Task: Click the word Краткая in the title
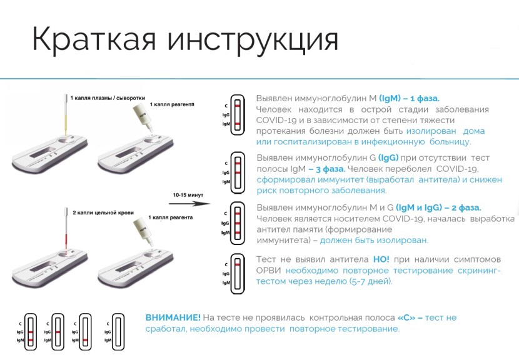94,39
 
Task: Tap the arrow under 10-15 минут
189,203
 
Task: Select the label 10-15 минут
188,195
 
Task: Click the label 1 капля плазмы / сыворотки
108,98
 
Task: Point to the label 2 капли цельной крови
103,212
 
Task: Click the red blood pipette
66,230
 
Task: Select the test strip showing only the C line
238,273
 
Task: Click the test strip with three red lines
238,223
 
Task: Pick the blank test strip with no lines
118,332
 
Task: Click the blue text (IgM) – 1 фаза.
409,98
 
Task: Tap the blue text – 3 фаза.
327,169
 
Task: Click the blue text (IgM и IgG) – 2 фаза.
438,207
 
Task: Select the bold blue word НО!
381,259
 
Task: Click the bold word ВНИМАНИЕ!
173,317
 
